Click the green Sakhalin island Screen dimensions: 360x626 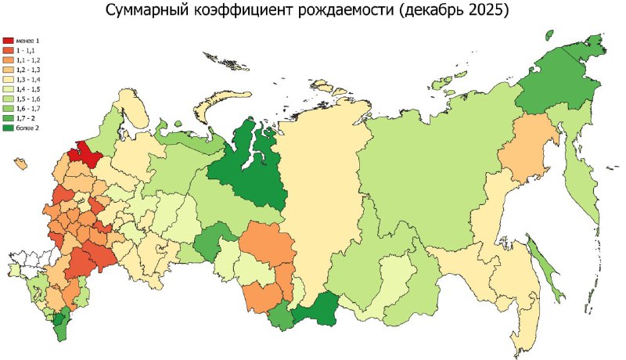546,271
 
